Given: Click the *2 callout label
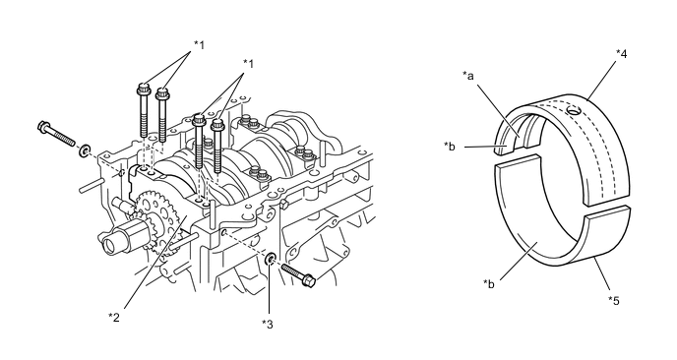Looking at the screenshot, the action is point(113,318).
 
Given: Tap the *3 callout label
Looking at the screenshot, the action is point(268,325).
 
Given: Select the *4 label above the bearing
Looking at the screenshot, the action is point(621,53).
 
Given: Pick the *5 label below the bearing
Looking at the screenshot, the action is point(614,300).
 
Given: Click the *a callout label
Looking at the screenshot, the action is point(468,76).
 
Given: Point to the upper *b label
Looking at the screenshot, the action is point(450,147).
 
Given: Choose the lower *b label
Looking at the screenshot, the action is point(489,284).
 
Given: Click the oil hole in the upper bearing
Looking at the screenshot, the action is point(573,111).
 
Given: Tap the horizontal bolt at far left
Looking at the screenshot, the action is point(56,134).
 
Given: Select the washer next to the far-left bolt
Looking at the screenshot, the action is point(85,150).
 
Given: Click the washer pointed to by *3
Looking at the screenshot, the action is point(271,259).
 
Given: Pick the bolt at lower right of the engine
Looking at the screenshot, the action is point(298,275).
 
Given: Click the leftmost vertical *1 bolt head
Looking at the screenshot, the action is point(144,90).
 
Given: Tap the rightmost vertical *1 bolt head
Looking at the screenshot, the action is point(217,126).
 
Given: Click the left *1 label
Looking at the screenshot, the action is point(199,44).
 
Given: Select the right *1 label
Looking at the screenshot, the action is point(248,64).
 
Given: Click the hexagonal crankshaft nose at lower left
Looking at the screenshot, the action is point(122,237).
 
